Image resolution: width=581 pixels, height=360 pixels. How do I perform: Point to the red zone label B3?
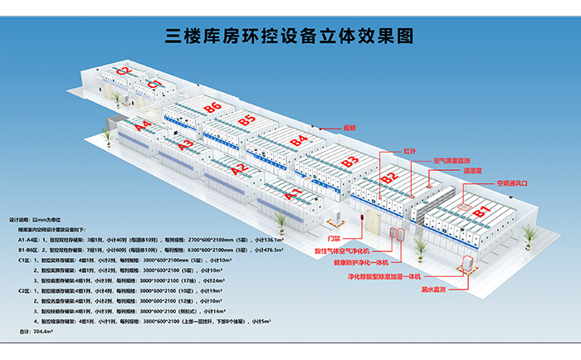(350, 159)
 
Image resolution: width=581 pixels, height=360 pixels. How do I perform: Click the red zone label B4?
(300, 139)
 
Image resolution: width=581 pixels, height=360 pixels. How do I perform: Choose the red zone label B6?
(212, 107)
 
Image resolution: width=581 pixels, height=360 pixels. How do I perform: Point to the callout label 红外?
(409, 151)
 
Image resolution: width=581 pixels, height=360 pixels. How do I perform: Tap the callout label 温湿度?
(473, 170)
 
